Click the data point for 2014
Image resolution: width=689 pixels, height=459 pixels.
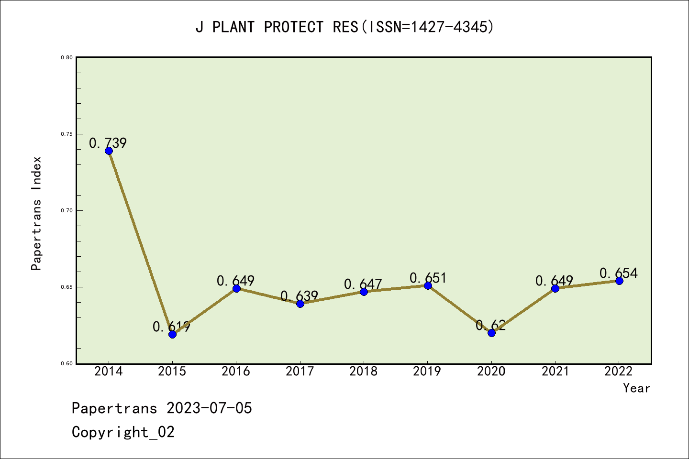pyautogui.click(x=109, y=151)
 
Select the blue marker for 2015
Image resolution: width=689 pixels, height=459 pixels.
pyautogui.click(x=172, y=334)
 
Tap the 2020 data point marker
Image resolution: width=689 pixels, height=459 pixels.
pyautogui.click(x=491, y=333)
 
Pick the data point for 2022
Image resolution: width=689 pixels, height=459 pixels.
pyautogui.click(x=619, y=281)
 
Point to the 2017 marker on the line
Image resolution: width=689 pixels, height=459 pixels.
pyautogui.click(x=300, y=304)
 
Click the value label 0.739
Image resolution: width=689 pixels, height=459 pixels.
pyautogui.click(x=108, y=143)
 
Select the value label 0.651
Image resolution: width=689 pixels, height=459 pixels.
pyautogui.click(x=428, y=278)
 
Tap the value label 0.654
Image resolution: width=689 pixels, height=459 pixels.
pyautogui.click(x=619, y=273)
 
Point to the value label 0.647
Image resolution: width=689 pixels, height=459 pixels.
pyautogui.click(x=363, y=284)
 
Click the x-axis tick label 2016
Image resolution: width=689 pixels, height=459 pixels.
pyautogui.click(x=236, y=372)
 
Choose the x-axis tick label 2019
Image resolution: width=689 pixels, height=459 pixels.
pyautogui.click(x=427, y=372)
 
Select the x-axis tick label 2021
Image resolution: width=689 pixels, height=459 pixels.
pyautogui.click(x=555, y=372)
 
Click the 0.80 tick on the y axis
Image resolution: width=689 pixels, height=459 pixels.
pyautogui.click(x=67, y=57)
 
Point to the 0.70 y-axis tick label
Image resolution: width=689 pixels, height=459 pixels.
pyautogui.click(x=67, y=210)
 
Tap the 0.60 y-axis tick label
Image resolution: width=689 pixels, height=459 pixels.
pyautogui.click(x=67, y=363)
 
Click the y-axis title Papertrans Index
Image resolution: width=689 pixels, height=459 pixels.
pyautogui.click(x=36, y=213)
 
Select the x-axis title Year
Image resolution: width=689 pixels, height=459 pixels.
pyautogui.click(x=636, y=388)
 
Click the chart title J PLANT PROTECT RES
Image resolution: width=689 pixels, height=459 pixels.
pyautogui.click(x=344, y=27)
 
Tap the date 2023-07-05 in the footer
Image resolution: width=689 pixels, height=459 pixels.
pyautogui.click(x=209, y=408)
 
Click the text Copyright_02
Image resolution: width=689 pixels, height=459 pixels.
pyautogui.click(x=123, y=432)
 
